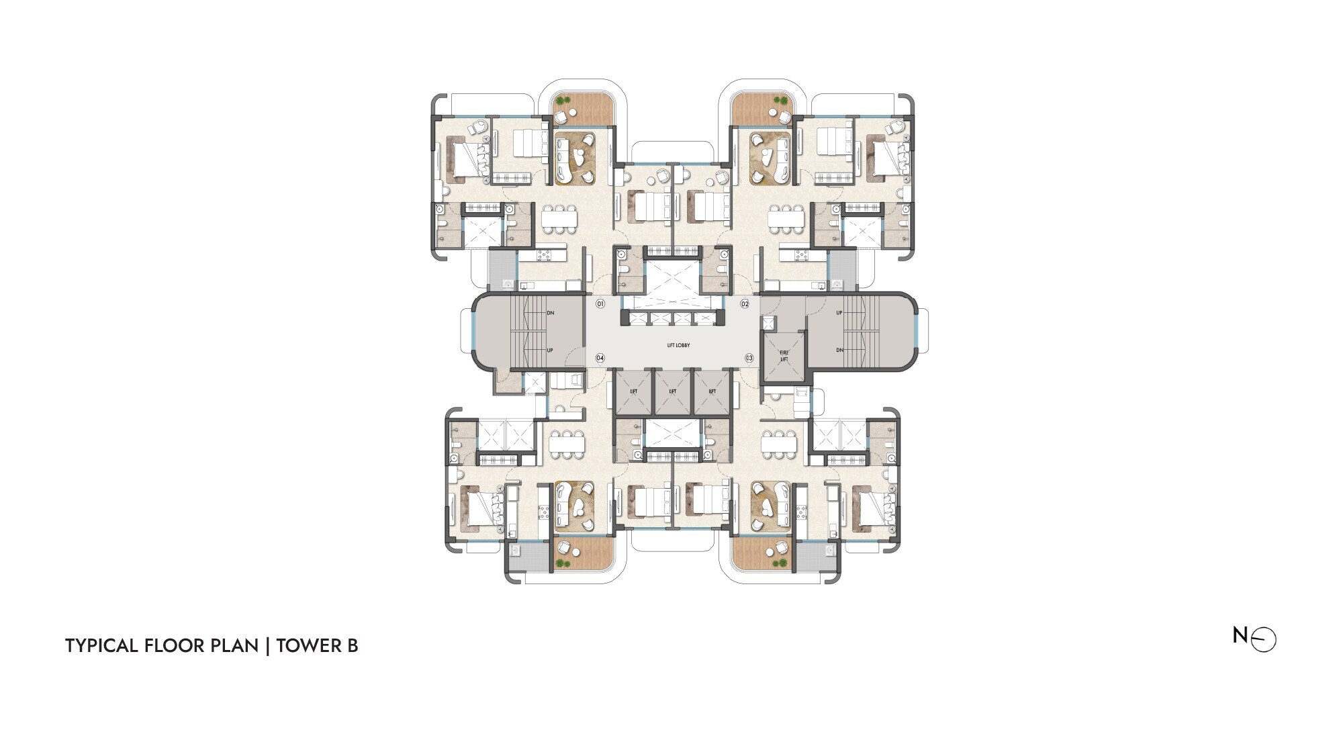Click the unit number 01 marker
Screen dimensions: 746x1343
tap(600, 304)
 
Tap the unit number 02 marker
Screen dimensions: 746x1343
tap(745, 304)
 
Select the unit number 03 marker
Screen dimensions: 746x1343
tap(749, 359)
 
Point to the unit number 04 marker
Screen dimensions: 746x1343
tap(600, 359)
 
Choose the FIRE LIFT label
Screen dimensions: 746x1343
tap(784, 356)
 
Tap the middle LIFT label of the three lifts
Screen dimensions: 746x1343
tap(673, 391)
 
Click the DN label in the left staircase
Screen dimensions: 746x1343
tap(551, 313)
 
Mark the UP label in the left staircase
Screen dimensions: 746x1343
tap(551, 351)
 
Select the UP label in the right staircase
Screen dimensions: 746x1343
tap(839, 313)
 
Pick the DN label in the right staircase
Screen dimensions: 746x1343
tap(839, 351)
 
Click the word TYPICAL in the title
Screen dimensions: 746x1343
tap(101, 646)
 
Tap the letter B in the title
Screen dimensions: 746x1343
tap(352, 646)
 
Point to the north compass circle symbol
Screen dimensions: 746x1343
tap(1264, 640)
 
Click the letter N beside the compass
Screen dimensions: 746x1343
tap(1240, 635)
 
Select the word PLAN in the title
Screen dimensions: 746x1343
tap(234, 646)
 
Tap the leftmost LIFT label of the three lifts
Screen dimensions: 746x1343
tap(633, 391)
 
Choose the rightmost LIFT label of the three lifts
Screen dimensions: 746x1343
tap(712, 391)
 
